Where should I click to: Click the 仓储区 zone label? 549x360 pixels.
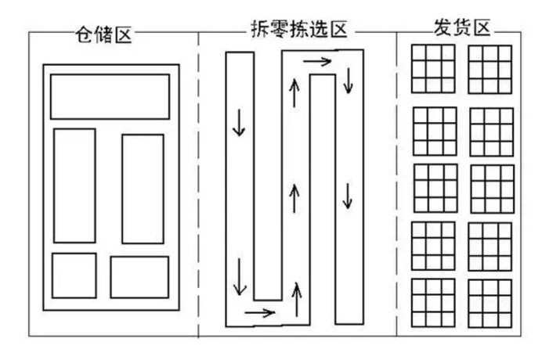click(103, 35)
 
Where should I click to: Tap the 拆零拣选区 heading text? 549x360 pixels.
click(299, 30)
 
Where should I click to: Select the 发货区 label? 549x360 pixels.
click(462, 27)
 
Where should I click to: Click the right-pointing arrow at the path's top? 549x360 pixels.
click(317, 62)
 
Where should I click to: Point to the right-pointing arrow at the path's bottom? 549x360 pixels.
click(260, 312)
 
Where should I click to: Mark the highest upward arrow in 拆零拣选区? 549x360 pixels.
click(294, 93)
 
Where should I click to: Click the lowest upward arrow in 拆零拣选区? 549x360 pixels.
click(297, 300)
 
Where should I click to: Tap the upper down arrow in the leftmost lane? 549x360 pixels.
click(239, 122)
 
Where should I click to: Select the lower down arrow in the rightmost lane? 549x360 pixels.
click(348, 196)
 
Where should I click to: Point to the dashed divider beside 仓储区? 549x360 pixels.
click(198, 185)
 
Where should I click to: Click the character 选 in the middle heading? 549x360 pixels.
click(319, 30)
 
